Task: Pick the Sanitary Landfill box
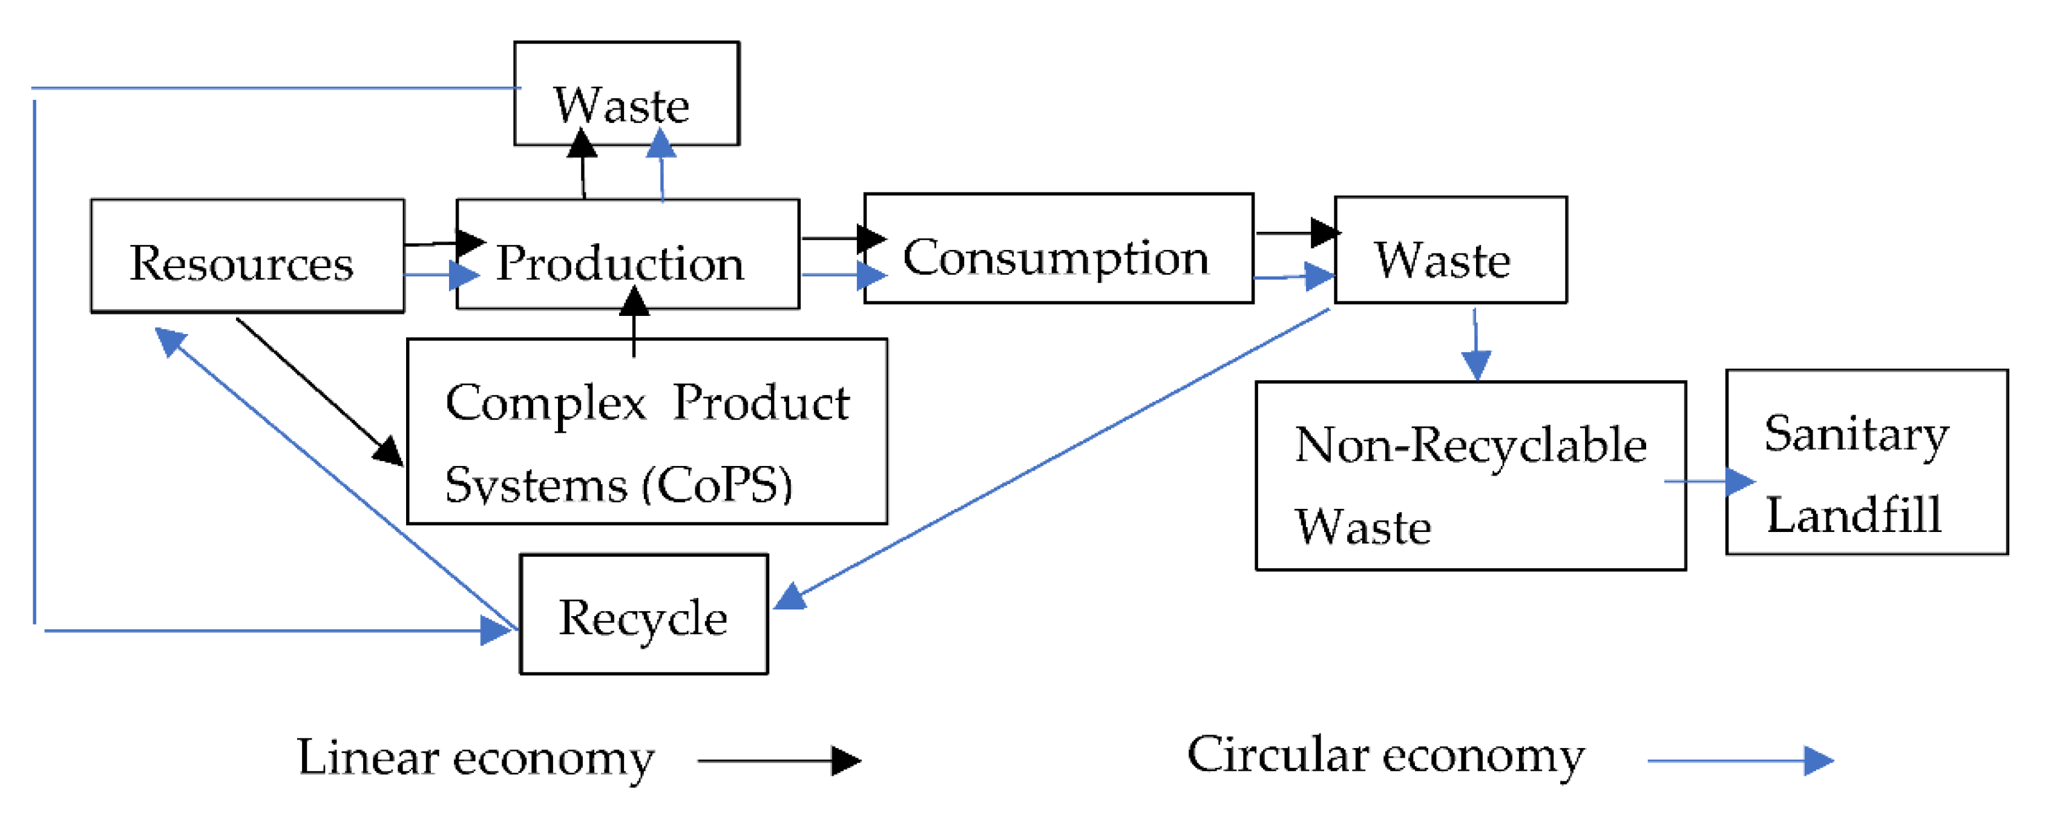[1866, 462]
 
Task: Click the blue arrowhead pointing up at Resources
[169, 341]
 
